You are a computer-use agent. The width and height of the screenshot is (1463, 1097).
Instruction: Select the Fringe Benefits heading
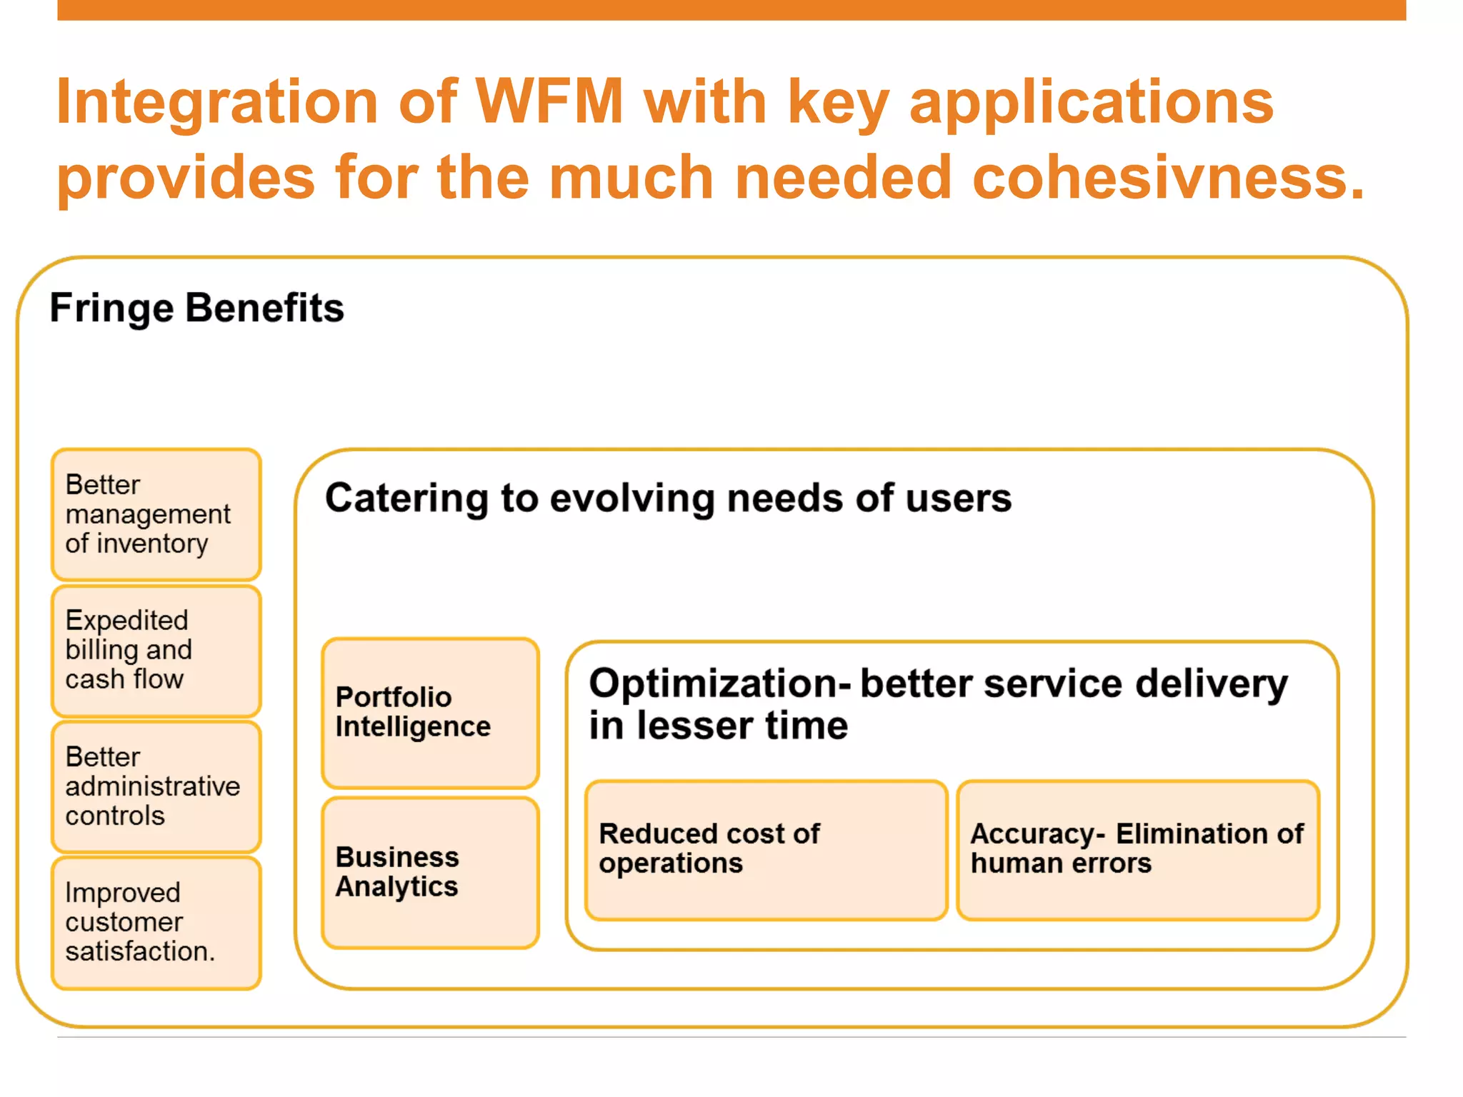tap(196, 308)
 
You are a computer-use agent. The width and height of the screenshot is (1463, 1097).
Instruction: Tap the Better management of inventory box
tap(156, 514)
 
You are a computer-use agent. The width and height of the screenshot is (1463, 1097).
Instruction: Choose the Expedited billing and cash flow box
tap(156, 651)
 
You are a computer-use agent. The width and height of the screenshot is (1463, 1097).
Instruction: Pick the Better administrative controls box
tap(156, 786)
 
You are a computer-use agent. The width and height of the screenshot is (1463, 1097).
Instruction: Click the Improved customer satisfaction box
tap(156, 923)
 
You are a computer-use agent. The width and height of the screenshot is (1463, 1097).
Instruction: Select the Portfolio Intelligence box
tap(430, 713)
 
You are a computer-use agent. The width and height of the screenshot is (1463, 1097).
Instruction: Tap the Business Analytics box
tap(430, 873)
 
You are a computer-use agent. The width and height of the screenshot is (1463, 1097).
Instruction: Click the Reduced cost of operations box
tap(766, 850)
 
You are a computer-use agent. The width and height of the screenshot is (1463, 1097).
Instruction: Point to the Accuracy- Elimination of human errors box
tap(1137, 850)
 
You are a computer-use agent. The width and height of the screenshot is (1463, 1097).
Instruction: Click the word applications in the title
tap(1091, 103)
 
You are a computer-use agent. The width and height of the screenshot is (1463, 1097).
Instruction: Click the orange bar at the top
tap(731, 10)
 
